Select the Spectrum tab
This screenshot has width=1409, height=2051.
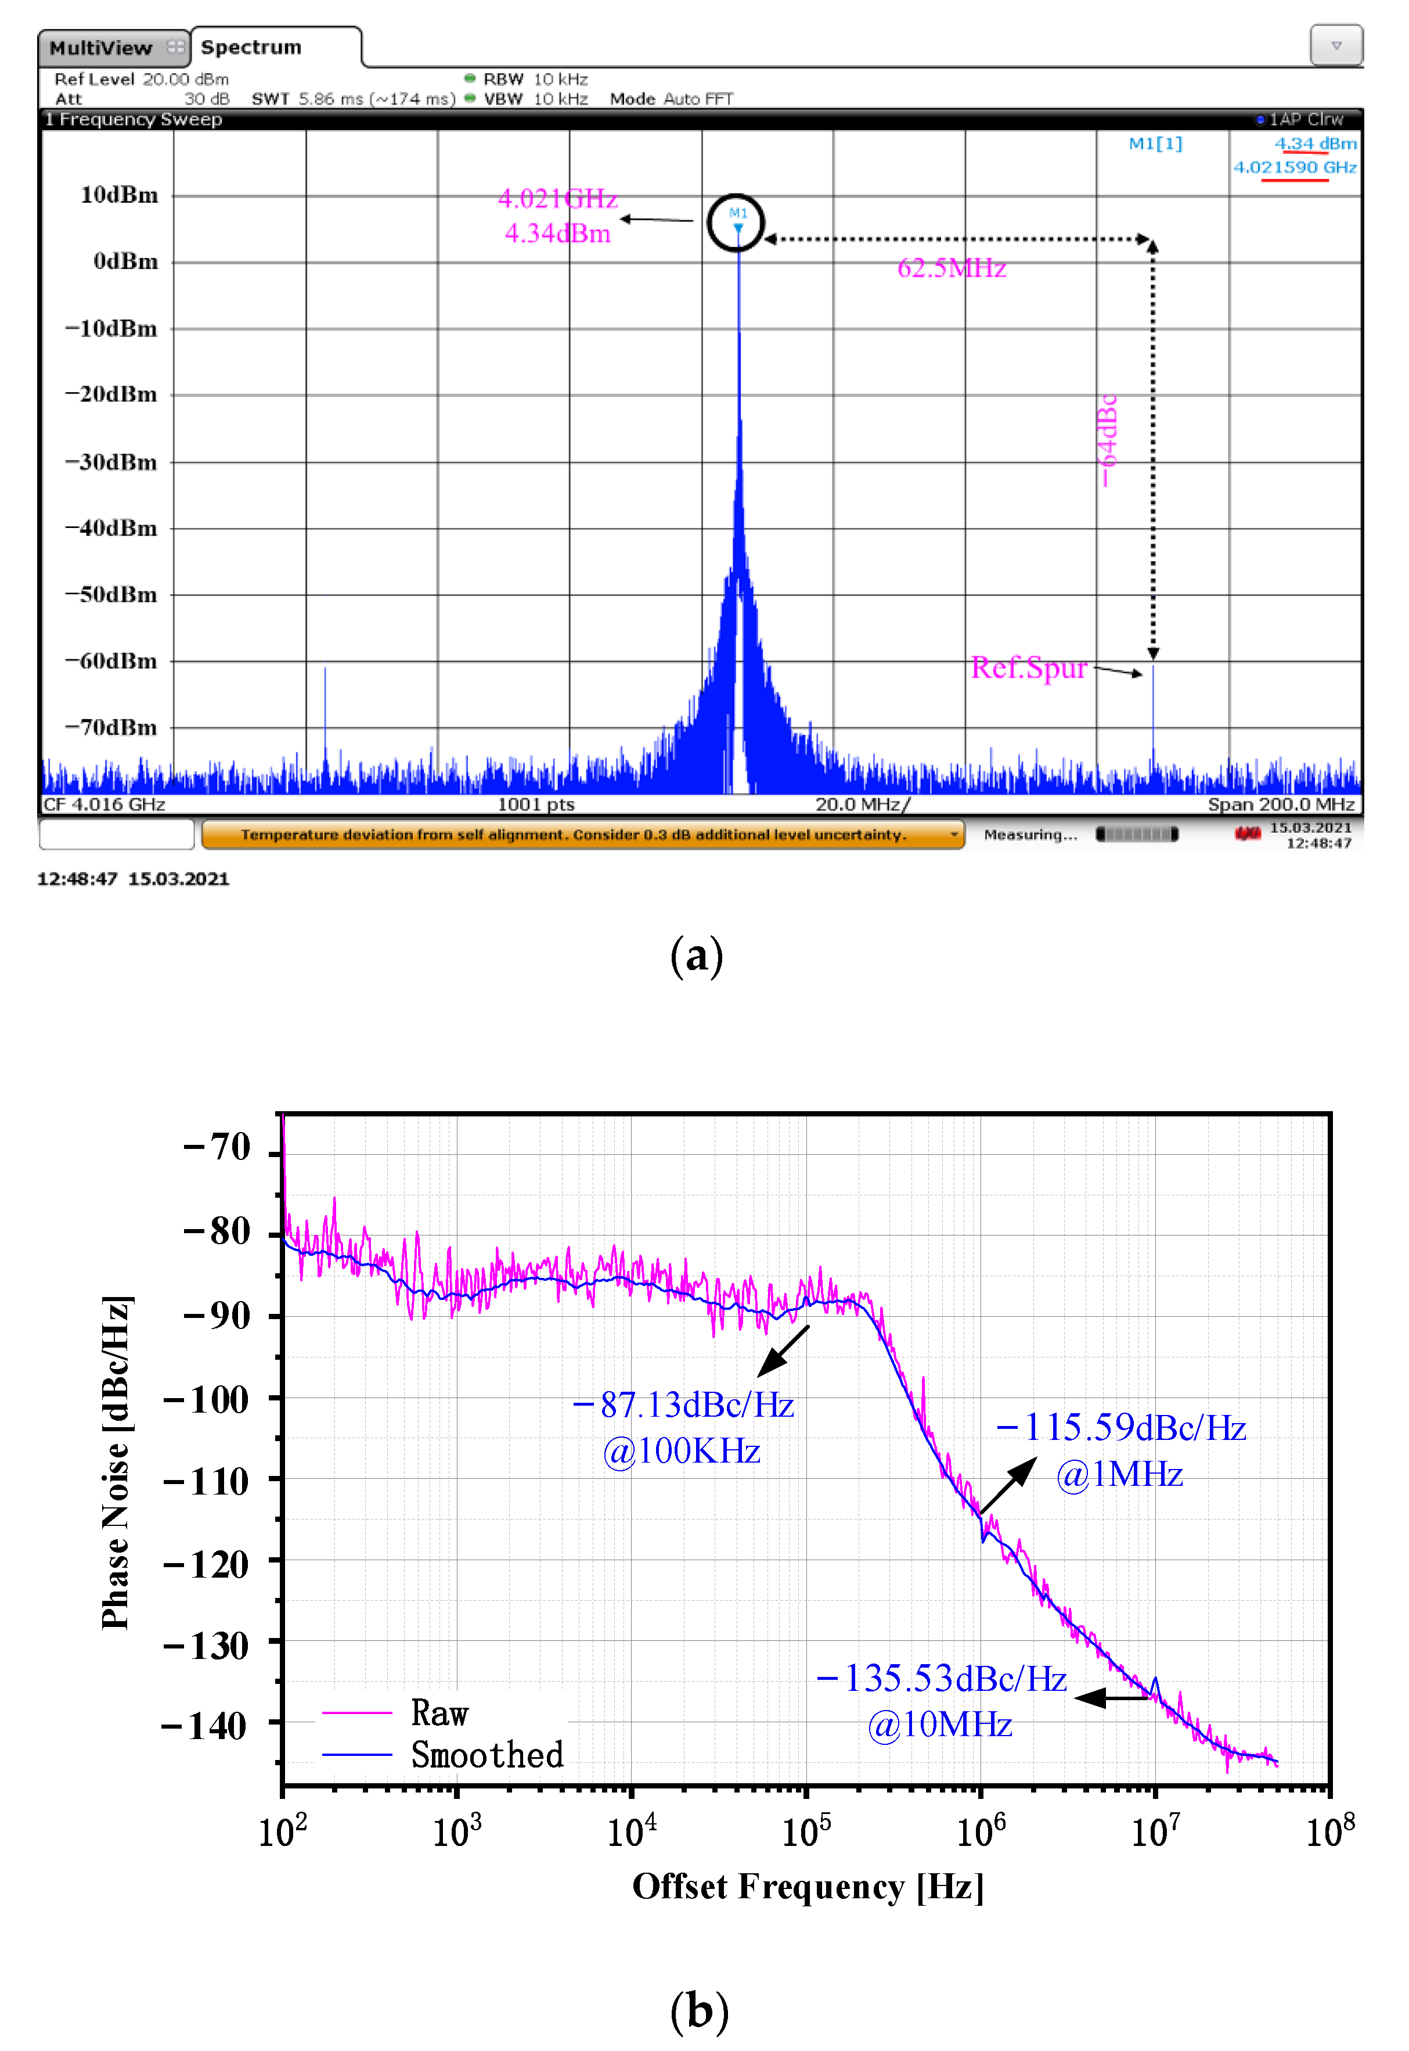point(251,48)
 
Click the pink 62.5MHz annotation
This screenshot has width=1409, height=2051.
point(952,268)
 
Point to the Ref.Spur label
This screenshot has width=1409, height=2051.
point(1029,668)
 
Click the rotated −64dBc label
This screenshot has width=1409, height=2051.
point(1108,440)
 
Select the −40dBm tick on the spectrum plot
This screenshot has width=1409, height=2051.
point(111,528)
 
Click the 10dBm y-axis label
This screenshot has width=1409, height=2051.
point(119,195)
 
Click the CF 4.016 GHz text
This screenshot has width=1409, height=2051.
point(104,804)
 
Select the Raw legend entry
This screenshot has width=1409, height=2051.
point(439,1714)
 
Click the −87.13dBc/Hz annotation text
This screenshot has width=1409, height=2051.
point(685,1405)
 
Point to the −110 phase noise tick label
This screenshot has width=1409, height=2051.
point(207,1481)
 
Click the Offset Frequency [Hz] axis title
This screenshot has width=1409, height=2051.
point(808,1887)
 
